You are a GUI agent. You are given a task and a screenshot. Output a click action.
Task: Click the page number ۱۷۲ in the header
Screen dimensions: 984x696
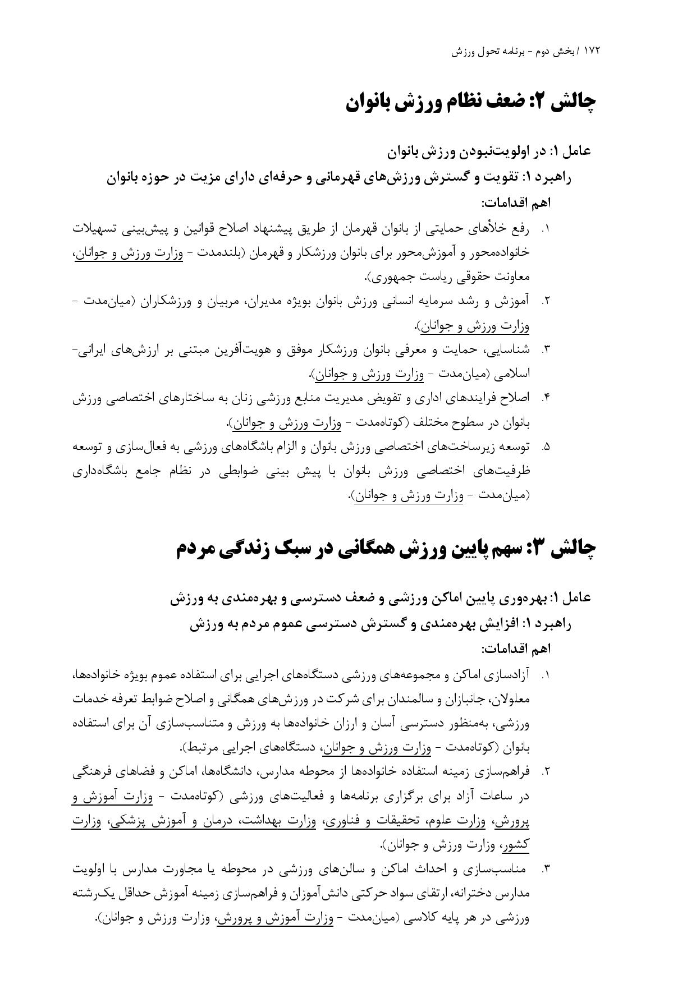click(592, 51)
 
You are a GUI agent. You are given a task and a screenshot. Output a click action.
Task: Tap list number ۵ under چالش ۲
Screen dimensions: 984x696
click(546, 447)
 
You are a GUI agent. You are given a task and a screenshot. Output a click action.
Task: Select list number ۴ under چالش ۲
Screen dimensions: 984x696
click(546, 398)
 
